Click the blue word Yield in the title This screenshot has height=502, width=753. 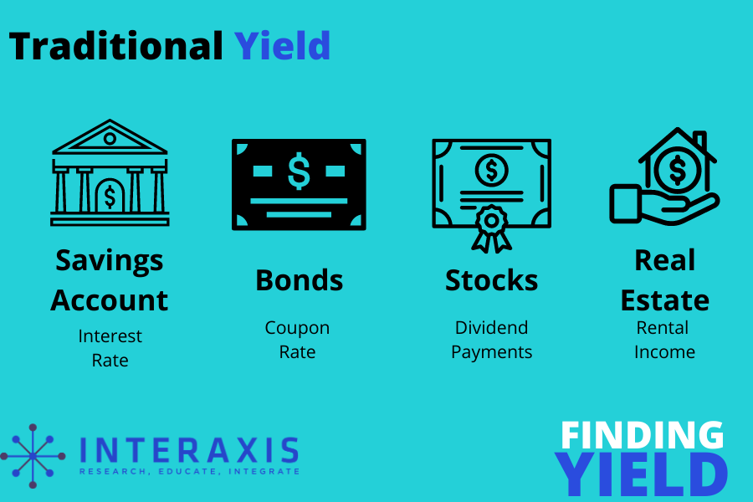tap(283, 45)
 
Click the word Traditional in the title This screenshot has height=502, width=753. tap(115, 46)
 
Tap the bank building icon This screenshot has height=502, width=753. tap(110, 172)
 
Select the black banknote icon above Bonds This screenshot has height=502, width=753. tap(299, 184)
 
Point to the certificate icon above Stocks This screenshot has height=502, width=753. tap(491, 195)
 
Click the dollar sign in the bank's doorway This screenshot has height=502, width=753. tap(110, 197)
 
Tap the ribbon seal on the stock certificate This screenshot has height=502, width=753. tap(491, 228)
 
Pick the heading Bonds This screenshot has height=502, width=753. tap(300, 280)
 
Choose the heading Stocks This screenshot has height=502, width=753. tap(491, 280)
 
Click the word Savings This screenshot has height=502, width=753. tap(110, 262)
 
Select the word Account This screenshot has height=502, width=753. tap(110, 300)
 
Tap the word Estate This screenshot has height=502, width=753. tap(665, 300)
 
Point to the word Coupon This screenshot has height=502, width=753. tap(297, 329)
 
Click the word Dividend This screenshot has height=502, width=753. tap(491, 327)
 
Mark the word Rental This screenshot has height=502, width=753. tap(663, 327)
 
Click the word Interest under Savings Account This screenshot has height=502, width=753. tap(110, 336)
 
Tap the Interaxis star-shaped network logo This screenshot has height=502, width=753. tap(33, 456)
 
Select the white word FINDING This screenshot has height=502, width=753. tap(642, 435)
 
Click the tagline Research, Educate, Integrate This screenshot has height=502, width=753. tap(190, 472)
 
